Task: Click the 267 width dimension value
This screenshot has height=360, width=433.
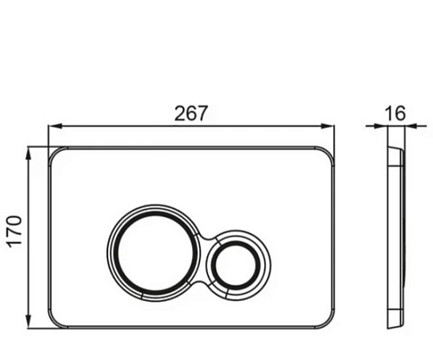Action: coord(191,113)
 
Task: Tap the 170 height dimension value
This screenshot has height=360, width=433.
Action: coord(15,231)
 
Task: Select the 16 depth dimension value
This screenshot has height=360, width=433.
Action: coord(396,113)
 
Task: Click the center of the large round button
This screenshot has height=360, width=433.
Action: coord(156,254)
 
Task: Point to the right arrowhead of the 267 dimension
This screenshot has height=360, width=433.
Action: coord(327,126)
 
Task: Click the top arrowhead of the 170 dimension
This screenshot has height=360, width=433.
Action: coord(29,154)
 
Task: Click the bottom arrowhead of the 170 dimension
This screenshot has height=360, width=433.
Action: coord(29,321)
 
